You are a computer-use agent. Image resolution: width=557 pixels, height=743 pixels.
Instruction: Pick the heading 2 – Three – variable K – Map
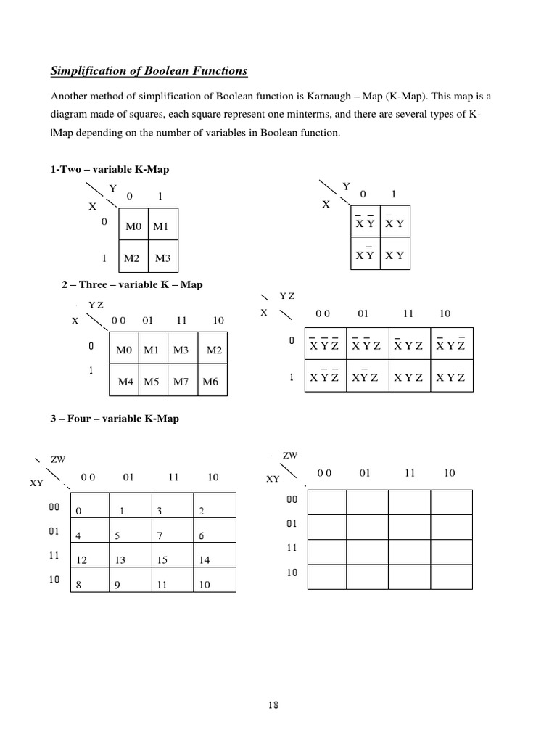point(132,284)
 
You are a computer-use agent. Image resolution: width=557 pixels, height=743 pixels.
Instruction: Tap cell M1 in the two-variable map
point(161,227)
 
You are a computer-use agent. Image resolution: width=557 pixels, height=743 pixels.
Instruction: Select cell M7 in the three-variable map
point(181,381)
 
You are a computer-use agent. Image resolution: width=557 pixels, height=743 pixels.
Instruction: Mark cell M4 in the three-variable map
point(125,381)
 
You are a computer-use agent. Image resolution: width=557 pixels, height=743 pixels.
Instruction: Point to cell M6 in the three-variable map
point(210,381)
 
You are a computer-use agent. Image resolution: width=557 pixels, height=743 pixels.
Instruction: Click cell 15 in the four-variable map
point(162,560)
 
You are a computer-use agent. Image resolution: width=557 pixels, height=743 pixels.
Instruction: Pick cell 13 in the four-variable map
point(120,560)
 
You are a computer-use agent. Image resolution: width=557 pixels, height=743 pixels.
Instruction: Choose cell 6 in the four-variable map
point(202,536)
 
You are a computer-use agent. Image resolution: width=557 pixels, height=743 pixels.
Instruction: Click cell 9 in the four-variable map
point(117,585)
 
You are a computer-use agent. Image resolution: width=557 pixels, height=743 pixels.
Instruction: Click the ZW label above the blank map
point(289,455)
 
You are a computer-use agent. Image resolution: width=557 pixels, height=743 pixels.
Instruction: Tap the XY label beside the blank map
point(273,479)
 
